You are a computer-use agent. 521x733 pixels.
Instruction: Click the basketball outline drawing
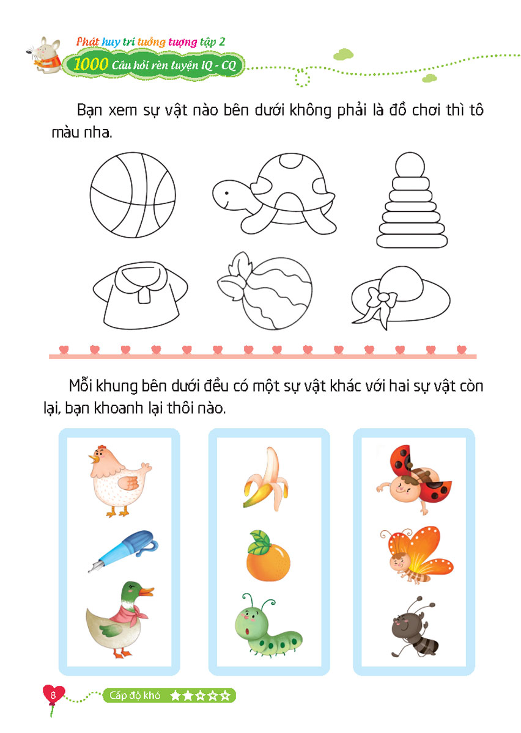[133, 195]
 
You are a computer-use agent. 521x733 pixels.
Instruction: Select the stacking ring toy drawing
[412, 200]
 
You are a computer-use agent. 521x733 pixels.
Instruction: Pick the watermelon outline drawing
[265, 291]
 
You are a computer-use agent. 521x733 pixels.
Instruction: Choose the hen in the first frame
[119, 480]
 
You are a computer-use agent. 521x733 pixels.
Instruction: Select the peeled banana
[266, 478]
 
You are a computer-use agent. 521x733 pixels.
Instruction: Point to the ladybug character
[414, 478]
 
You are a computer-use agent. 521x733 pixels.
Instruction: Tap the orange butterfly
[417, 553]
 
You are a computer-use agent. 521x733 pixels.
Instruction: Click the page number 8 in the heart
[53, 695]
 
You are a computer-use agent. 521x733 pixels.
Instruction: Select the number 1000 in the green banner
[91, 64]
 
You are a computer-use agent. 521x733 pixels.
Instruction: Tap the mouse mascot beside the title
[45, 55]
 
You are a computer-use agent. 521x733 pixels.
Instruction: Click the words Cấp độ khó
[135, 695]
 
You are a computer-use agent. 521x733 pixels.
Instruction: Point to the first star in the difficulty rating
[176, 695]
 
